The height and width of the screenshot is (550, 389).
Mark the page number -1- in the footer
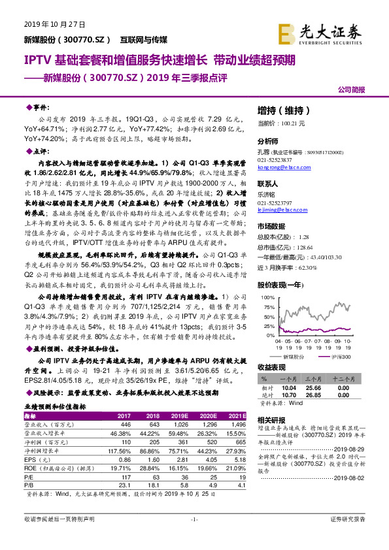point(194,537)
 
